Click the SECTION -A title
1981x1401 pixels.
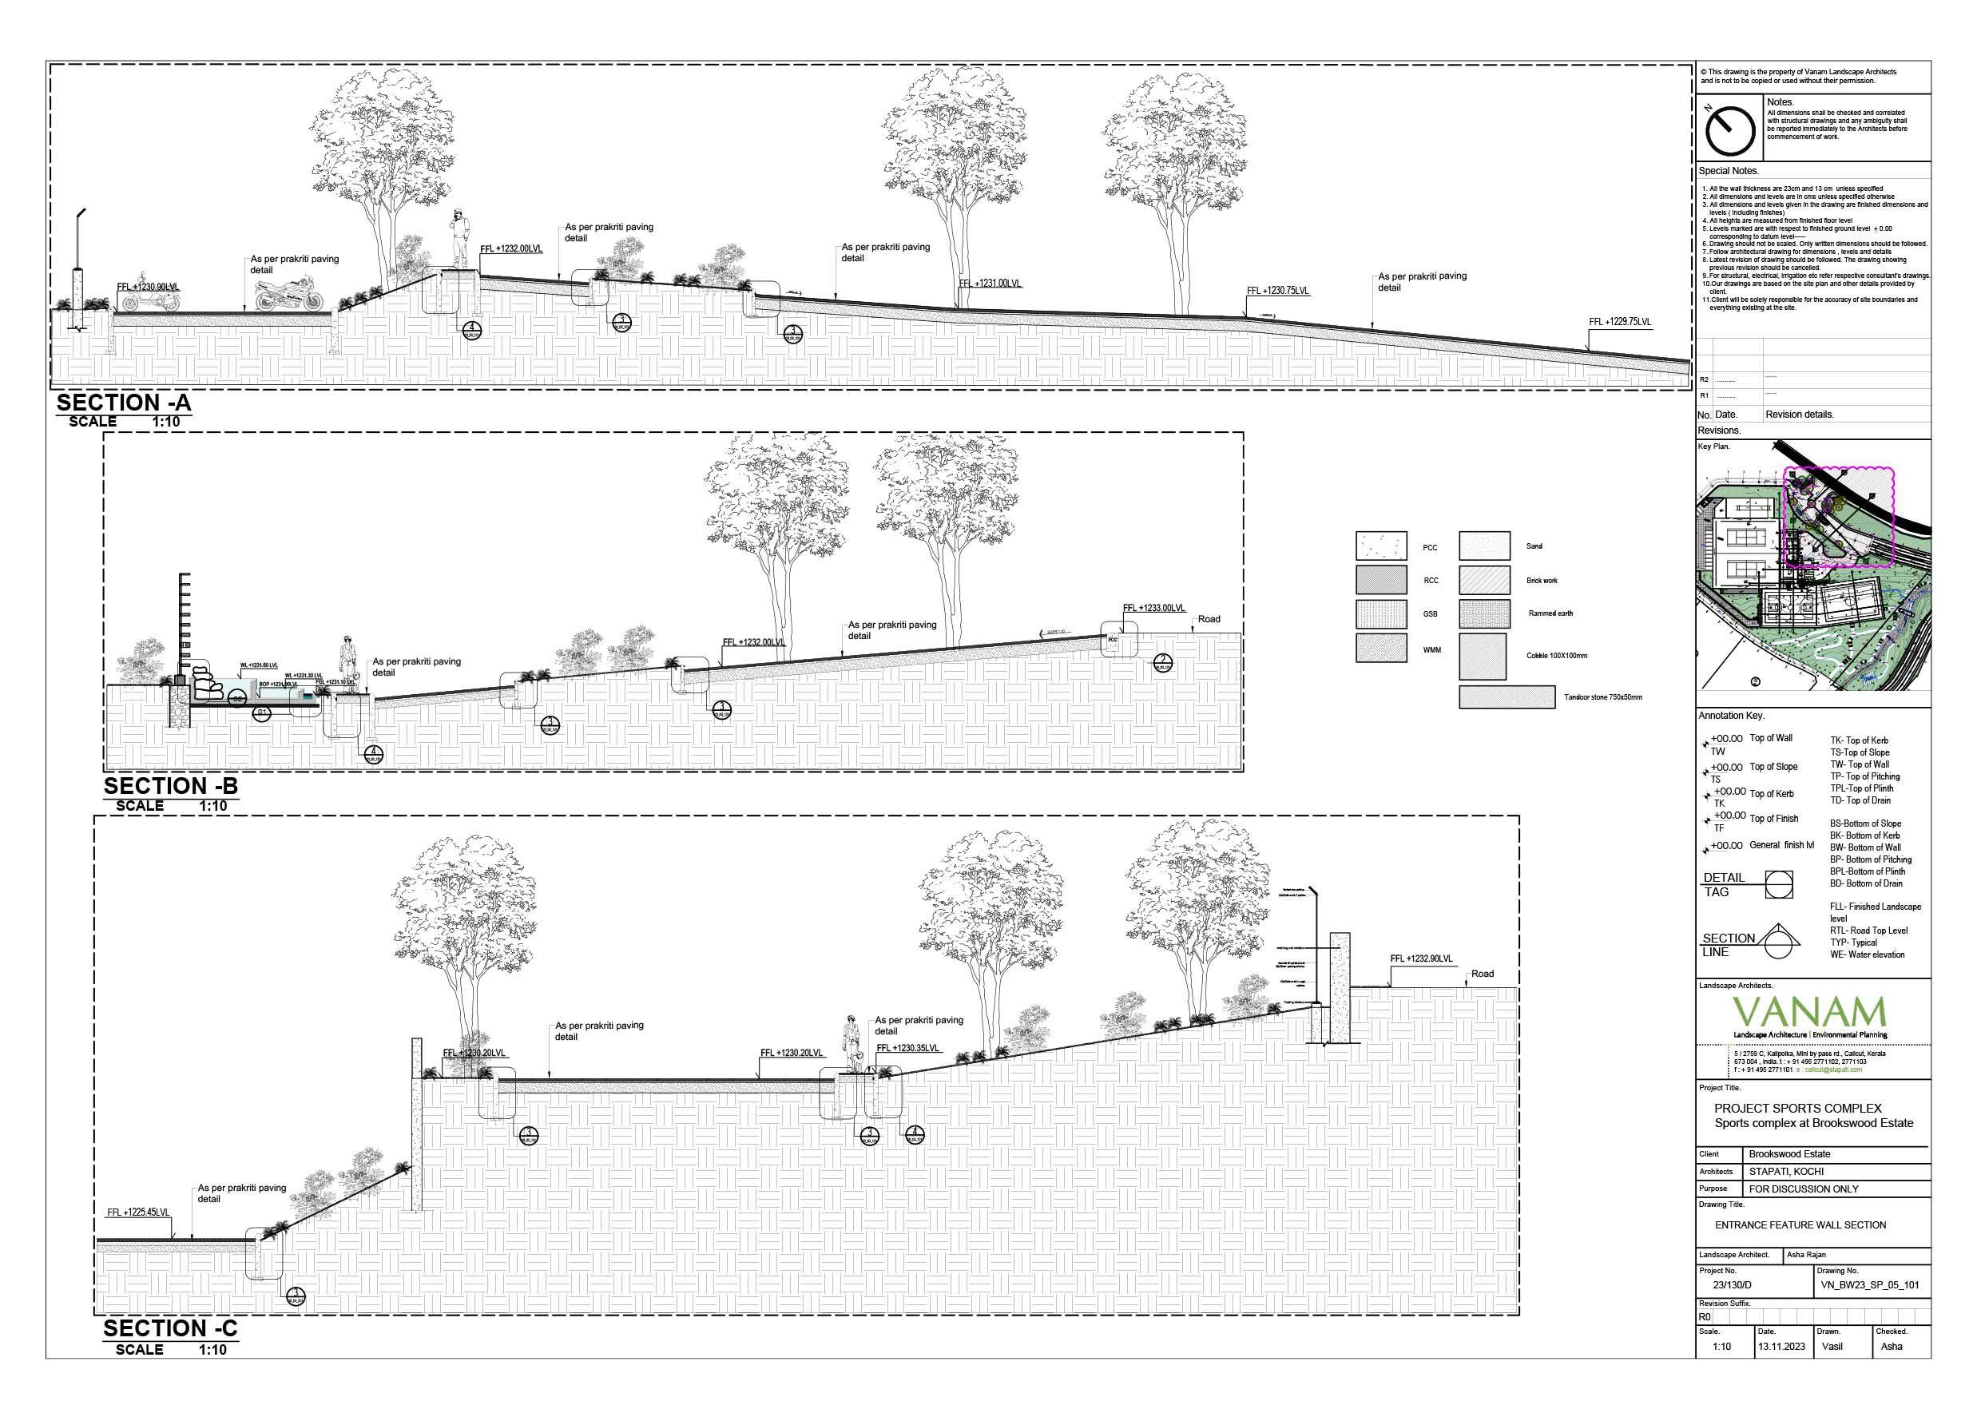click(x=123, y=403)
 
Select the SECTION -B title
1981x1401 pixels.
click(x=170, y=786)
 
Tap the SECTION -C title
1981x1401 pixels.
click(x=170, y=1328)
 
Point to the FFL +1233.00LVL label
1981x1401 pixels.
click(x=1153, y=608)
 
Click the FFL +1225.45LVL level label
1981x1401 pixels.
click(x=138, y=1212)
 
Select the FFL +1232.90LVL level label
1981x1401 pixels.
click(x=1421, y=958)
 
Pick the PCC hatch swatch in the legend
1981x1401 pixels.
click(x=1380, y=546)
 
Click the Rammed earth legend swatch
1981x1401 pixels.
click(x=1484, y=613)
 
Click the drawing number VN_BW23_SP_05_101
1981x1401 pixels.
click(x=1869, y=1284)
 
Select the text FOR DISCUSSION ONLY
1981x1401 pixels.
click(x=1803, y=1189)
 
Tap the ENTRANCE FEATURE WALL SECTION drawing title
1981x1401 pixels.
click(x=1800, y=1225)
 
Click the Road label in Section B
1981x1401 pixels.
click(x=1209, y=619)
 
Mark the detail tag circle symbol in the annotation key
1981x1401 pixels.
click(x=1778, y=883)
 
